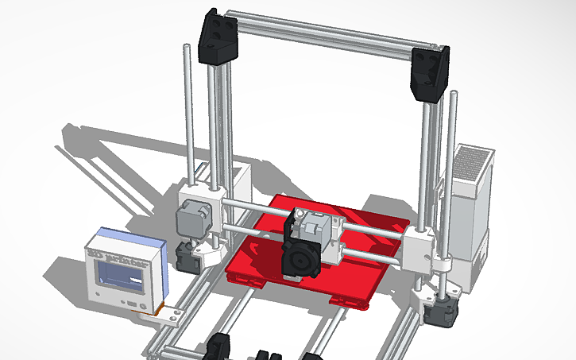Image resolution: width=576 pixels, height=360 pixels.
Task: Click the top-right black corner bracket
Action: pyautogui.click(x=430, y=74)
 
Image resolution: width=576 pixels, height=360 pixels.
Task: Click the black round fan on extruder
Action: pyautogui.click(x=301, y=261)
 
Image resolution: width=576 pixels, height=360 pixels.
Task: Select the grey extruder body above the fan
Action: pyautogui.click(x=311, y=230)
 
